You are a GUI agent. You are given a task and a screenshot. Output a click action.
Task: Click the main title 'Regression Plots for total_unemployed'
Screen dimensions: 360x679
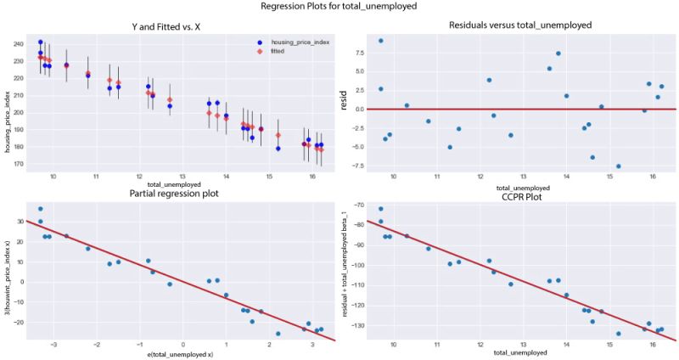tap(339, 7)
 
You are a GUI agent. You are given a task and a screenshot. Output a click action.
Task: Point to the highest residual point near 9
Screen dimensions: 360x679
tap(380, 41)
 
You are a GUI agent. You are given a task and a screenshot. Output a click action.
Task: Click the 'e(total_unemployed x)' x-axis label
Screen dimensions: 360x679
tap(170, 353)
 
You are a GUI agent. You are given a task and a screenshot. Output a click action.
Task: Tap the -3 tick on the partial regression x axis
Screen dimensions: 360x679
tap(54, 346)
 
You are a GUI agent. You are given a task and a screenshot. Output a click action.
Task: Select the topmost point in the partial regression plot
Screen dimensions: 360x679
tap(41, 209)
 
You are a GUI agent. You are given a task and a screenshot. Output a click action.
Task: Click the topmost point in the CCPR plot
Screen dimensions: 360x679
tap(380, 209)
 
